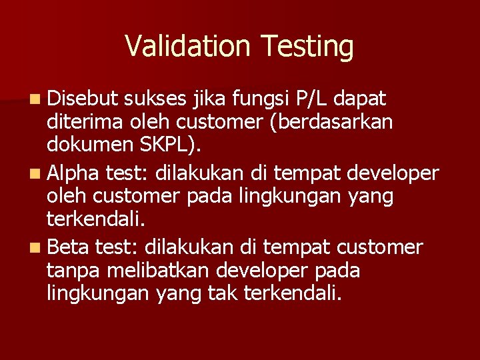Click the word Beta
pyautogui.click(x=69, y=247)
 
